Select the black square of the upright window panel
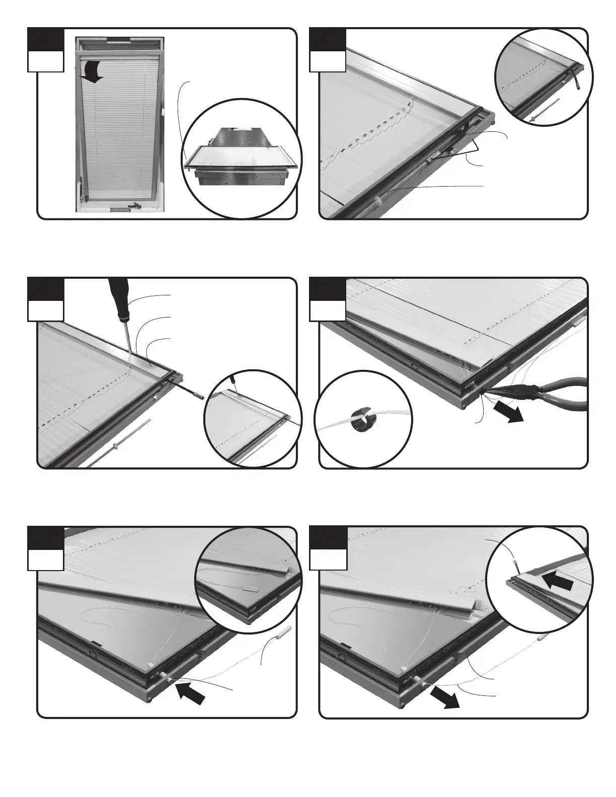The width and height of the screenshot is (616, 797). coord(45,39)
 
